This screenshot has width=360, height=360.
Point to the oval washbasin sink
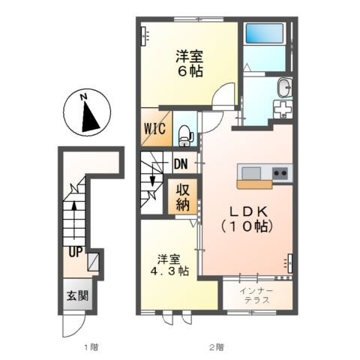click(283, 88)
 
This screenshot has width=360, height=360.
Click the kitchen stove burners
click(281, 174)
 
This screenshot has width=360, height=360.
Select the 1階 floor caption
click(91, 347)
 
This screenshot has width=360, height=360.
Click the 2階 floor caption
click(216, 347)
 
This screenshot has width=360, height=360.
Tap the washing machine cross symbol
click(284, 110)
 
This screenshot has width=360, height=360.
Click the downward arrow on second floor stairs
click(153, 180)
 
